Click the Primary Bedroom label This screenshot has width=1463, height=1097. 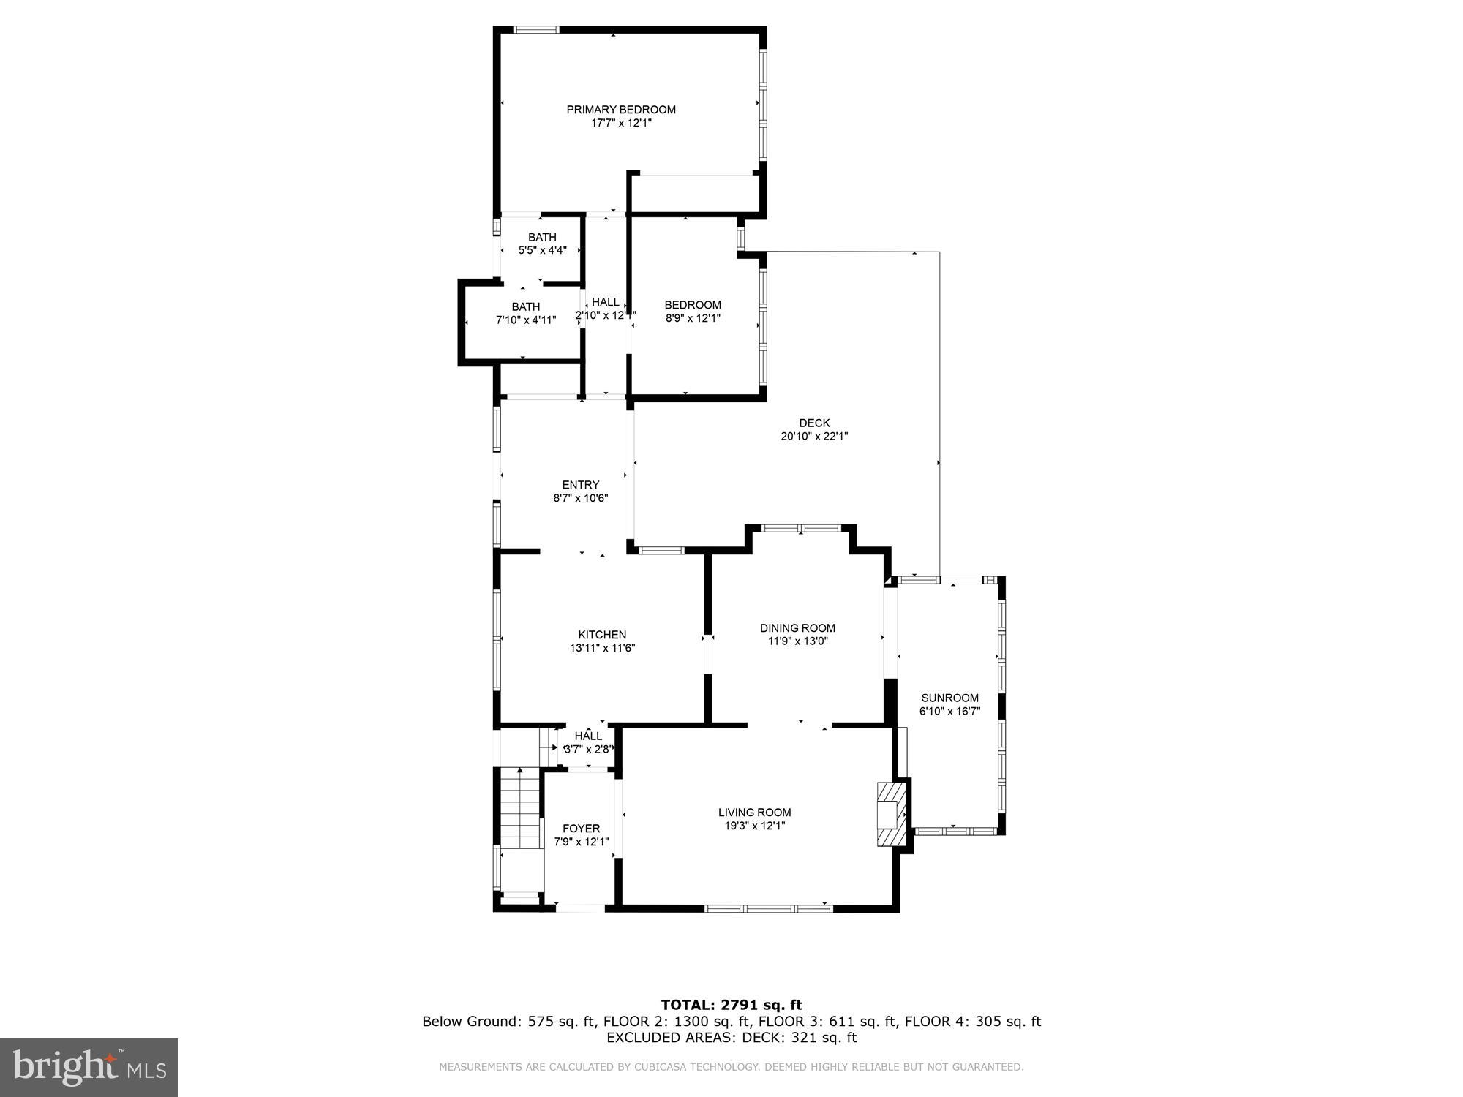621,110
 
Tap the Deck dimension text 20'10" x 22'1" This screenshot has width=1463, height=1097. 814,437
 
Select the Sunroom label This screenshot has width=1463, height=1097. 949,698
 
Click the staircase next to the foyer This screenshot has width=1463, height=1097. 520,807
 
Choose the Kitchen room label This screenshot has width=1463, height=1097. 602,635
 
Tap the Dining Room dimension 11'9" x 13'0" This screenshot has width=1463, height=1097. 797,641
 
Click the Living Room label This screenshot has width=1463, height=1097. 754,812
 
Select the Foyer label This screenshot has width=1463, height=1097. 581,829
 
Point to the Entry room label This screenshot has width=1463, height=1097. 581,485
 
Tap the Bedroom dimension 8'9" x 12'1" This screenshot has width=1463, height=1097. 693,318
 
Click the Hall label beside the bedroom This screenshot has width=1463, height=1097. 605,302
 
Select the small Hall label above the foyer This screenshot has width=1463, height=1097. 588,736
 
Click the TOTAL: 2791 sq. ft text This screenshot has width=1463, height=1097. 731,1005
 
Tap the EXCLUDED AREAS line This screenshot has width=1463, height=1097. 731,1038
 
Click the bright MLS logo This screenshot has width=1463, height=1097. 89,1067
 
